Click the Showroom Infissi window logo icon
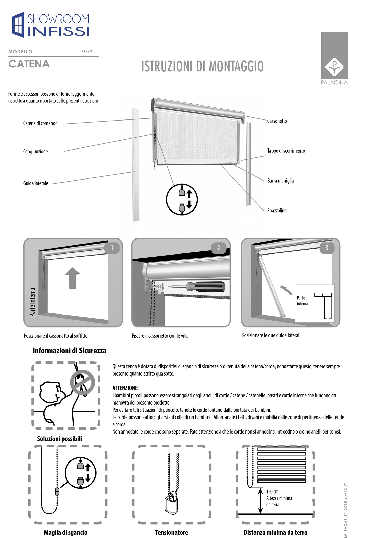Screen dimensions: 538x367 (x=18, y=25)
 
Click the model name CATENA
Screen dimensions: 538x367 (x=29, y=64)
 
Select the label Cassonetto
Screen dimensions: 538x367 (x=277, y=121)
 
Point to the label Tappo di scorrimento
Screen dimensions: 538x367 (x=286, y=151)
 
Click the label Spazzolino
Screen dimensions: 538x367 (x=277, y=211)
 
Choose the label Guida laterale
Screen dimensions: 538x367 (x=36, y=183)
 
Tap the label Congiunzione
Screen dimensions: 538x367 (x=35, y=152)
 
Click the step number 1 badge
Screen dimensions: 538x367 (x=112, y=247)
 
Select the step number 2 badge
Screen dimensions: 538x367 (x=219, y=248)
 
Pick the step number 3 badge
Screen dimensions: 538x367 (x=327, y=247)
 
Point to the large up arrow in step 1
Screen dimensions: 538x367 (x=73, y=278)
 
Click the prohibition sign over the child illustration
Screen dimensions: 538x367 (x=83, y=382)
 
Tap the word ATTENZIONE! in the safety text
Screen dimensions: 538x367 (x=125, y=388)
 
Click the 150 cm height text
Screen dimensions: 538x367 (x=272, y=492)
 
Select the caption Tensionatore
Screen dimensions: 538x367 (x=171, y=532)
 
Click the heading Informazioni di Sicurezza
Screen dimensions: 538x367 (x=69, y=351)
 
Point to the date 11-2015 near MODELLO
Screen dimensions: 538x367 (x=89, y=51)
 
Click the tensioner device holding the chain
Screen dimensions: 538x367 (x=171, y=503)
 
